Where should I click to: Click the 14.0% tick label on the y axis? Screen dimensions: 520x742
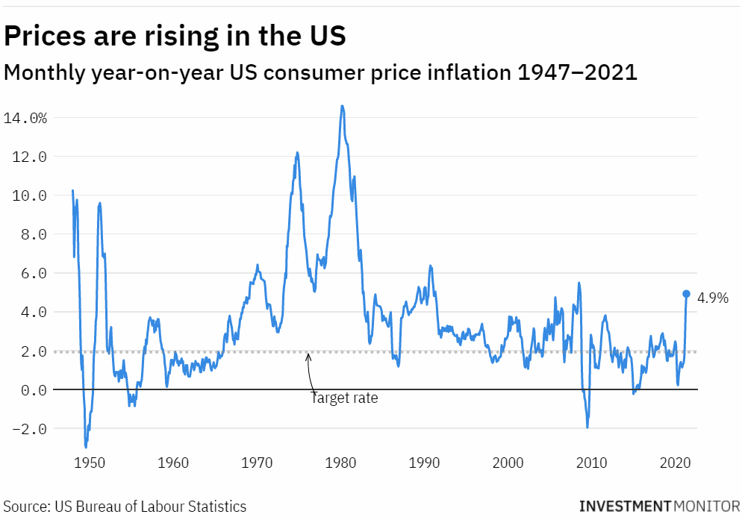pyautogui.click(x=25, y=118)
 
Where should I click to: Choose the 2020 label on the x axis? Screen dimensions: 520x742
pyautogui.click(x=676, y=463)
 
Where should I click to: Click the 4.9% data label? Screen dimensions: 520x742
pyautogui.click(x=712, y=298)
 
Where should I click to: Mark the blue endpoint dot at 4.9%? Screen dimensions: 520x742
pyautogui.click(x=687, y=294)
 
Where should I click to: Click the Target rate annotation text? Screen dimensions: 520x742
pyautogui.click(x=344, y=398)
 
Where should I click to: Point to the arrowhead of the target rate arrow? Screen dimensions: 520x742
pyautogui.click(x=308, y=355)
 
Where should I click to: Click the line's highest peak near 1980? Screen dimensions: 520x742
pyautogui.click(x=342, y=106)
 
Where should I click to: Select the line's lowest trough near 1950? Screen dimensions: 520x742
pyautogui.click(x=86, y=446)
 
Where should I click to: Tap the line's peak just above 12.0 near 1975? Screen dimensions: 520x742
pyautogui.click(x=297, y=153)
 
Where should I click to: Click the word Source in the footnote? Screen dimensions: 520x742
pyautogui.click(x=25, y=507)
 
